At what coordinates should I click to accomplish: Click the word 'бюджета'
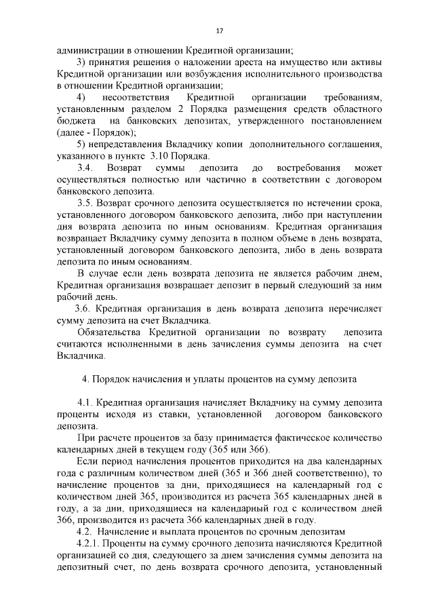(74, 121)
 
